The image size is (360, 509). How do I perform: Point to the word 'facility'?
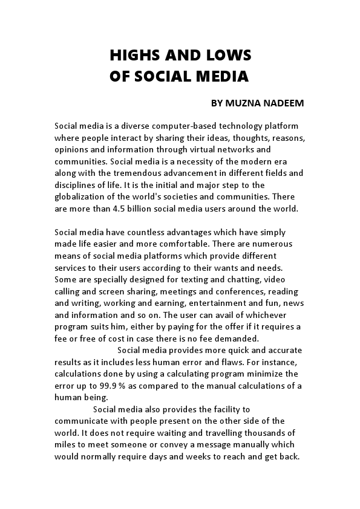click(x=226, y=409)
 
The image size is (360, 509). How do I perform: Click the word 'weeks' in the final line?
click(x=211, y=456)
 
